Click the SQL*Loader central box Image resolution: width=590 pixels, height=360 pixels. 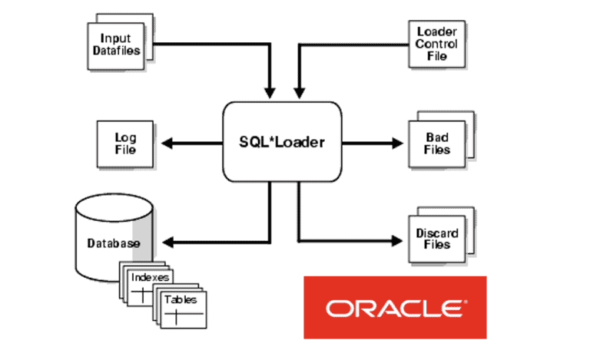280,142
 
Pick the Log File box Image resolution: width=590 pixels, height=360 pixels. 124,143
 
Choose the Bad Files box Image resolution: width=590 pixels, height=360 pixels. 436,143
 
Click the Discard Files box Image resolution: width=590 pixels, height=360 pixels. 436,239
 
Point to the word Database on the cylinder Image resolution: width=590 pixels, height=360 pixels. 112,243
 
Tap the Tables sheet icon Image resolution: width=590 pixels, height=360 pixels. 182,302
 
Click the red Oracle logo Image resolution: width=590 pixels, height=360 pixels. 395,307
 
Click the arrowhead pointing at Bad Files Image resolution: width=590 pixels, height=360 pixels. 397,143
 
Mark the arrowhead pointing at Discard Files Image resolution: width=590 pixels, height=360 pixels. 397,239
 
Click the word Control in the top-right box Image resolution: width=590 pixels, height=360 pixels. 437,44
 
